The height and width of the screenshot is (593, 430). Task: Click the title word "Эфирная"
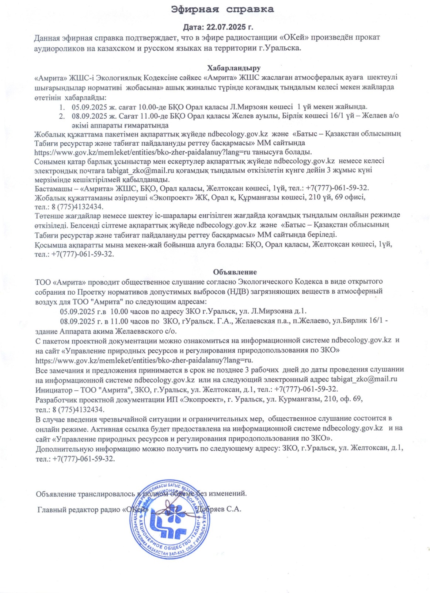tap(195, 9)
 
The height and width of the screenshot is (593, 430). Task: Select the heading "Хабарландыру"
tap(234, 68)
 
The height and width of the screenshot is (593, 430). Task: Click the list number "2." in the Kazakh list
tap(62, 116)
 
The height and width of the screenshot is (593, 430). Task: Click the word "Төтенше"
tap(48, 215)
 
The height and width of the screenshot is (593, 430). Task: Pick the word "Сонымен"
tap(49, 161)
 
